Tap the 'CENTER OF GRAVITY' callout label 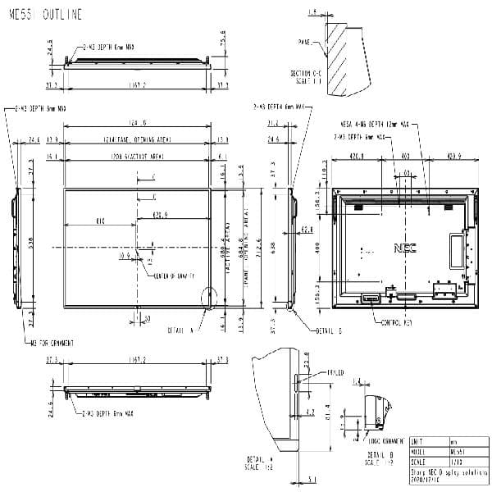tap(175, 276)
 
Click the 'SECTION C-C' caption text tap(307, 76)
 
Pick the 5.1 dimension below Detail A tap(312, 481)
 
